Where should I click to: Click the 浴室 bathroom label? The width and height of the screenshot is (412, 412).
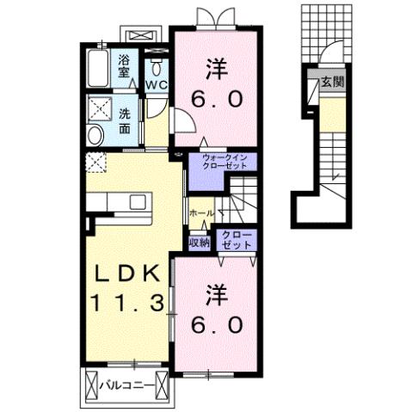pos(124,66)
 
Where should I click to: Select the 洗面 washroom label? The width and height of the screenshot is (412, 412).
pos(126,121)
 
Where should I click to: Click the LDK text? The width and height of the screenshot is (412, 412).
pos(126,274)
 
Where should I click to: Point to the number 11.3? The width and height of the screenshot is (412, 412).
pos(126,303)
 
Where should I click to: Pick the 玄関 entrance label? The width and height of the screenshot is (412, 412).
pos(332,83)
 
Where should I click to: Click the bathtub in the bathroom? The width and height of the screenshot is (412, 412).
pos(98,68)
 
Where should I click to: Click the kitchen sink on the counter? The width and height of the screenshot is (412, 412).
pos(137,201)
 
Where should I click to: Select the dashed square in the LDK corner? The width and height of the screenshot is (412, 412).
pos(95,161)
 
